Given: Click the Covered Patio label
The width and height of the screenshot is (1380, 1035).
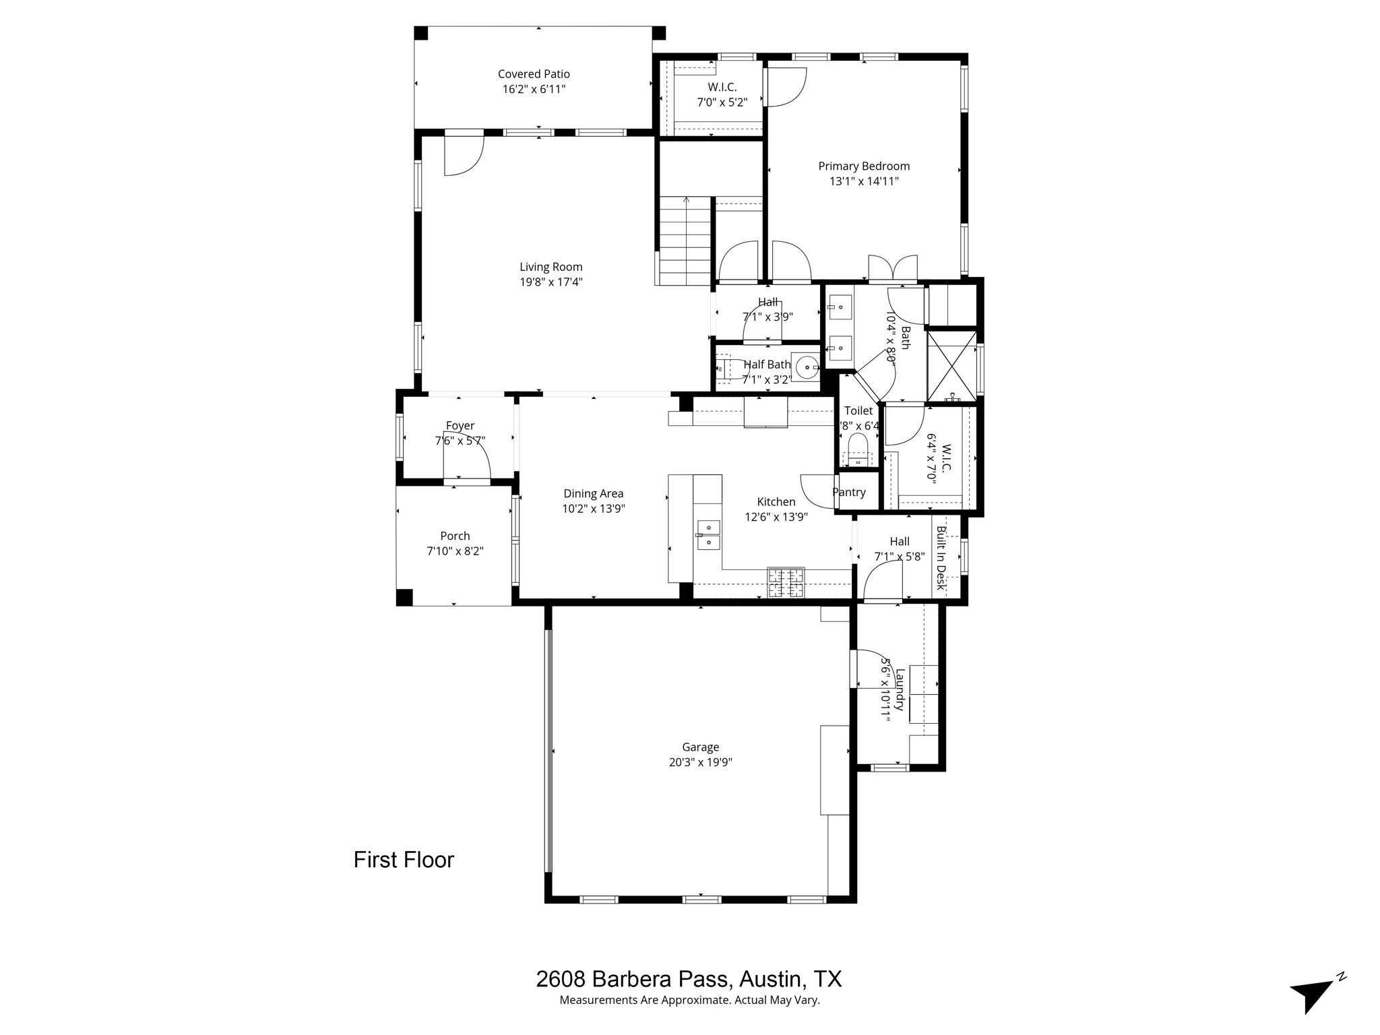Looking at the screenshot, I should tap(534, 74).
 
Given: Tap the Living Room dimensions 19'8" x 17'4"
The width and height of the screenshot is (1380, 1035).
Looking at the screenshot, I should tap(551, 282).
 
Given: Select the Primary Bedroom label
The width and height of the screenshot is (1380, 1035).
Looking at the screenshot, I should tap(864, 166).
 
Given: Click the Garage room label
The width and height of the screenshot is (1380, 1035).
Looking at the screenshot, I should tap(700, 747).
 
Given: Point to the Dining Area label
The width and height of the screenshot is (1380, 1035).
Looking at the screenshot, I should tap(593, 493).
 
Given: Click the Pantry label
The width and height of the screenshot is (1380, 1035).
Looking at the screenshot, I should tap(848, 492).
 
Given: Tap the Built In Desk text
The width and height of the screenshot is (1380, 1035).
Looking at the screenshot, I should tap(941, 557).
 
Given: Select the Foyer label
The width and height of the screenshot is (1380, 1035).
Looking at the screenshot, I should tap(460, 425).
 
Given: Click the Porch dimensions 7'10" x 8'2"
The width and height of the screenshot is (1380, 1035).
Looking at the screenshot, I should tap(455, 551).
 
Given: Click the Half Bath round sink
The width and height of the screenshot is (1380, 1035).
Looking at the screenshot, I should tap(806, 367).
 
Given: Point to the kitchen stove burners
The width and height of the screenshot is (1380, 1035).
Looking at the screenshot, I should tap(786, 583).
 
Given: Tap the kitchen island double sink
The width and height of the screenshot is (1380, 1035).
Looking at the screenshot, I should tap(708, 534).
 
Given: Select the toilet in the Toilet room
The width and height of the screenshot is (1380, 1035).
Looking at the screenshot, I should tap(858, 449).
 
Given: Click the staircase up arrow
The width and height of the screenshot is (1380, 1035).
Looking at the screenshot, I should tap(686, 200).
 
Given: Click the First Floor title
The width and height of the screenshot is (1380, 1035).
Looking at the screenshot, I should tap(404, 860).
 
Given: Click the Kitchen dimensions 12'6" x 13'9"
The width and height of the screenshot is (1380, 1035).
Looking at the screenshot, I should tap(776, 517).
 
